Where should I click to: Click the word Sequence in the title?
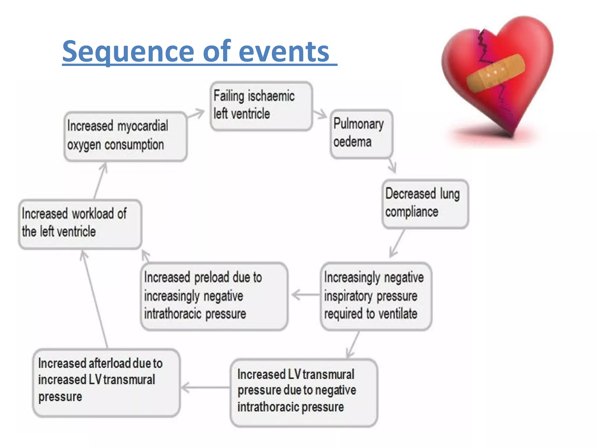tap(128, 52)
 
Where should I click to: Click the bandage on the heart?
tap(496, 73)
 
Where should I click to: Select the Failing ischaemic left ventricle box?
tap(261, 106)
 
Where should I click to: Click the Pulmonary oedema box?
tap(361, 134)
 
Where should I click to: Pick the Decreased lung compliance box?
tap(425, 204)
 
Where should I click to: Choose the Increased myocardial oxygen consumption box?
tap(125, 136)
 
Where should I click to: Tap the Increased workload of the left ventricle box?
tap(80, 224)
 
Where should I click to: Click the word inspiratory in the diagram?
tap(348, 296)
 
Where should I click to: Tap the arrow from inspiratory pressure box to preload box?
tap(305, 295)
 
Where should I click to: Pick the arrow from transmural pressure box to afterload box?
tap(204, 388)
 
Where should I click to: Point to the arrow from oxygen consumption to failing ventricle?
tap(196, 114)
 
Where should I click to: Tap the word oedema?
tap(352, 142)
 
